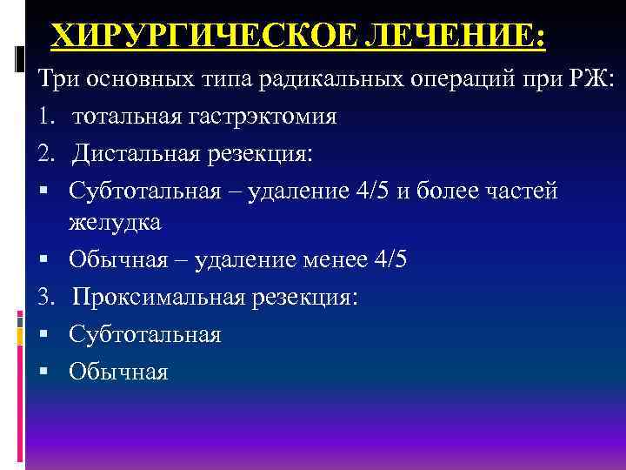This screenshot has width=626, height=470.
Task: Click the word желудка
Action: (115, 222)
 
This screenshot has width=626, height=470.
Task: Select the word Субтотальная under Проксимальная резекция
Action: (145, 334)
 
